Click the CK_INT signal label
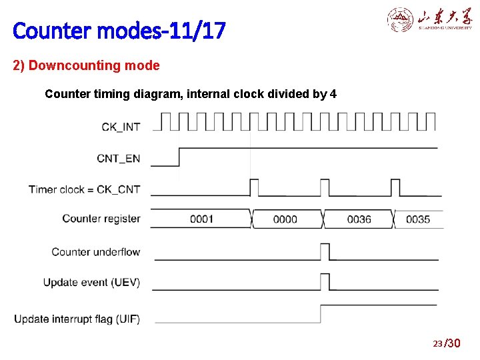pos(121,125)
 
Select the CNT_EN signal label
pos(119,158)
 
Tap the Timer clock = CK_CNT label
pos(85,189)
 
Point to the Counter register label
pos(101,219)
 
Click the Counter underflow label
pos(96,252)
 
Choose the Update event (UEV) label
pos(92,283)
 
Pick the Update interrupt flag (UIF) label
pos(77,319)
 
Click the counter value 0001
pos(201,219)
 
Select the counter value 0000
pos(285,219)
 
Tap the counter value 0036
pos(359,219)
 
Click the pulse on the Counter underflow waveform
pos(325,251)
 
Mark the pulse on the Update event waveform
pos(325,281)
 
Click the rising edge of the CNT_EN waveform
pos(179,157)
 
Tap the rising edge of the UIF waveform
pos(321,313)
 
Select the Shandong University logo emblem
pos(401,20)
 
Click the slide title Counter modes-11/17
pos(119,30)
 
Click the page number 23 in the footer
pos(438,343)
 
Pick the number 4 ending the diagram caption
pos(333,94)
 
